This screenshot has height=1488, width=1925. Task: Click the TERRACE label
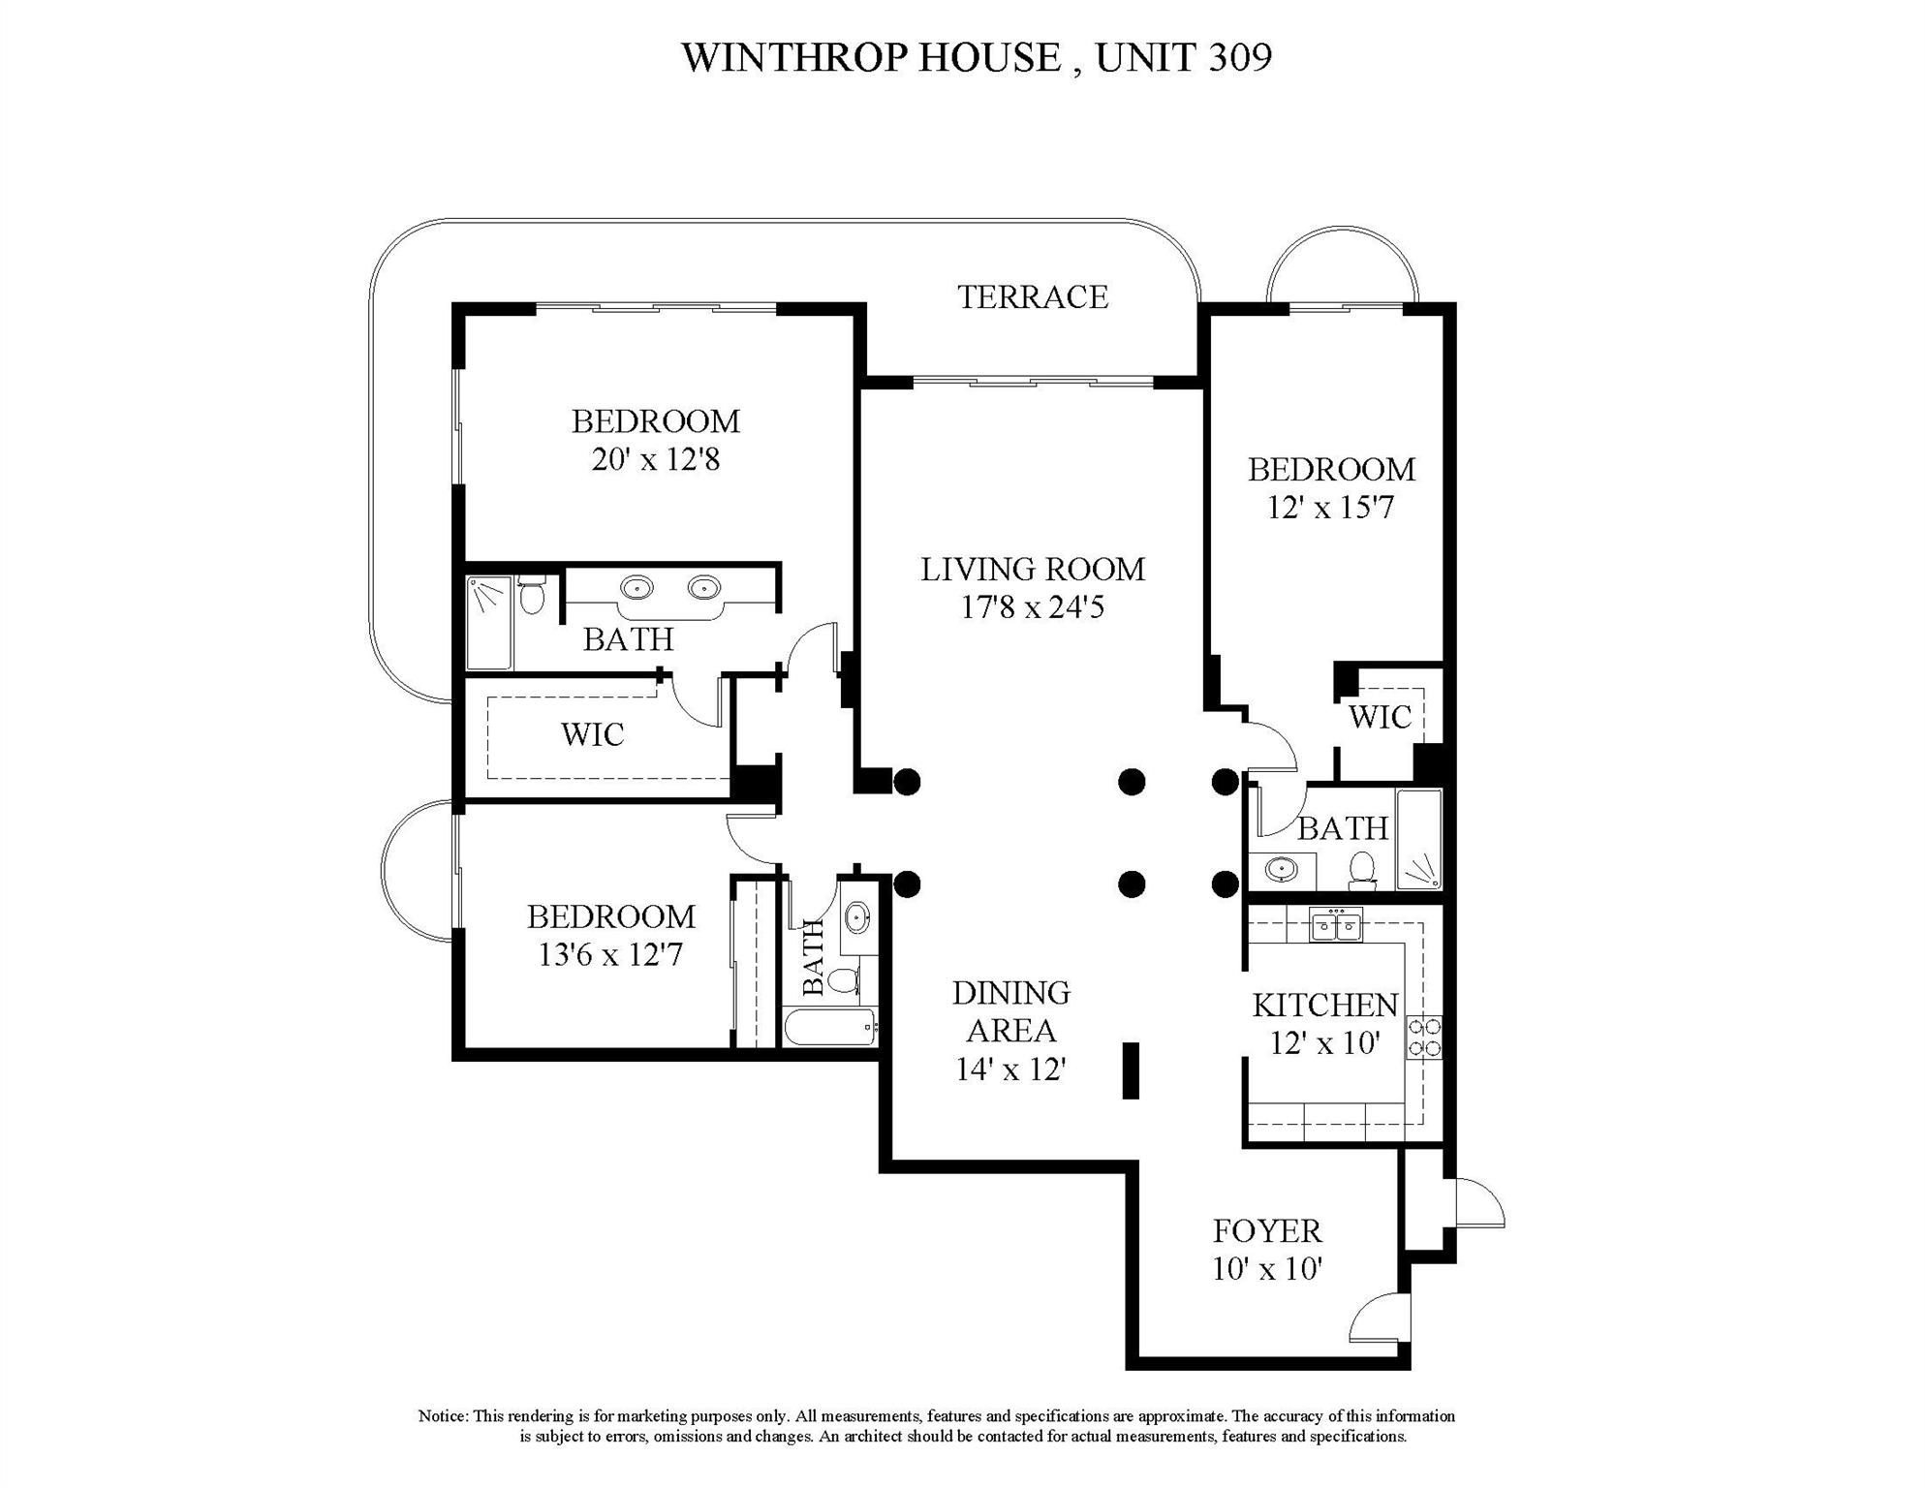pyautogui.click(x=1032, y=296)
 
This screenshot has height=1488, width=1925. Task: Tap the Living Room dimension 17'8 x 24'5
pyautogui.click(x=1032, y=608)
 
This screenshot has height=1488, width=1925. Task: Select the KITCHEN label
pyautogui.click(x=1324, y=1006)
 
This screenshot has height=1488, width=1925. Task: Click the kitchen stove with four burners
pyautogui.click(x=1423, y=1037)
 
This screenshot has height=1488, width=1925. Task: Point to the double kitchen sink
pyautogui.click(x=1336, y=926)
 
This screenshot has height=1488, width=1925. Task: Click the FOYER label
pyautogui.click(x=1267, y=1231)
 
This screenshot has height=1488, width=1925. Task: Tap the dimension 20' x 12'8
pyautogui.click(x=655, y=459)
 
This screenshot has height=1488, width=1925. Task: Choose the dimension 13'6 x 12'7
pyautogui.click(x=610, y=955)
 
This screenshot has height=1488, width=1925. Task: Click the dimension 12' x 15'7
pyautogui.click(x=1330, y=508)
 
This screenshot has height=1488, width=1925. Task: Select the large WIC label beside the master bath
pyautogui.click(x=592, y=734)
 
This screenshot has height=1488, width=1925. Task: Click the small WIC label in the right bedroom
pyautogui.click(x=1380, y=718)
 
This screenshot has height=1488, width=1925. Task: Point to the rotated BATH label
pyautogui.click(x=814, y=957)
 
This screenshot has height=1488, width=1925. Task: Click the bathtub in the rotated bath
pyautogui.click(x=830, y=1028)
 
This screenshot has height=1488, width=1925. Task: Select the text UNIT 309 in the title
pyautogui.click(x=1183, y=57)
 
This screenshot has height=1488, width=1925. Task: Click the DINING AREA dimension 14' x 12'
pyautogui.click(x=1010, y=1069)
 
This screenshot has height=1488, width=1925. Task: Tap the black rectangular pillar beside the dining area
pyautogui.click(x=1130, y=1070)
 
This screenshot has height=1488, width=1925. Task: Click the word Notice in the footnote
pyautogui.click(x=443, y=1416)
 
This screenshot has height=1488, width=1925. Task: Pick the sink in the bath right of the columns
pyautogui.click(x=1281, y=869)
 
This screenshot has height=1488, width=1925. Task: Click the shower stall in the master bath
pyautogui.click(x=489, y=622)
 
